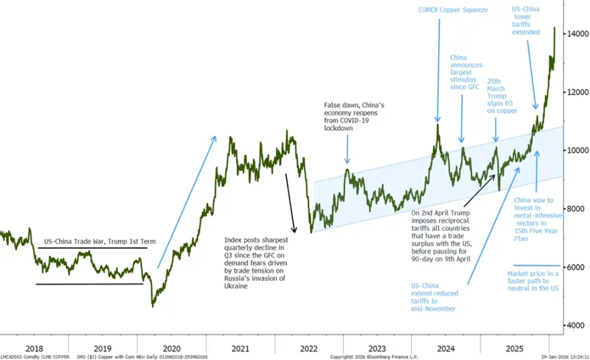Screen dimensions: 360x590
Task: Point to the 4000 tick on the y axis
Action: point(574,325)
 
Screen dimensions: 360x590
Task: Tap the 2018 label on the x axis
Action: point(33,348)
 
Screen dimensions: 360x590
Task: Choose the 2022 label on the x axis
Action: point(309,348)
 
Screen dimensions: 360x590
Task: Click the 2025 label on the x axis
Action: point(515,348)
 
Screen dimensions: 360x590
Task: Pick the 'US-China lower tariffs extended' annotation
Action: point(526,20)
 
